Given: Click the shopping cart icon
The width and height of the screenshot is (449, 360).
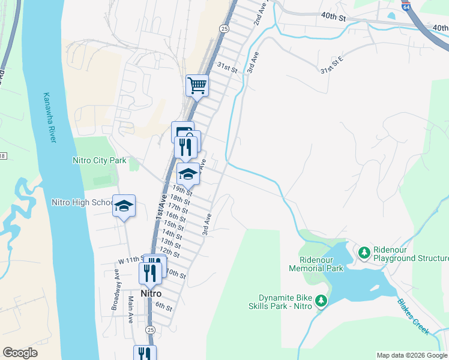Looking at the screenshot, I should (197, 86).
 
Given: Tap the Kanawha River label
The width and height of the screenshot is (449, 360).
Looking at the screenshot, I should (49, 117).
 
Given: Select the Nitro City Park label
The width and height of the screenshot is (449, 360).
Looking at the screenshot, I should (99, 160).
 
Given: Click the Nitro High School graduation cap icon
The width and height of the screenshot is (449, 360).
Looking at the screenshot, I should (124, 206).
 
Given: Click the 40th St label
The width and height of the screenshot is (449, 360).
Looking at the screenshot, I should (334, 18).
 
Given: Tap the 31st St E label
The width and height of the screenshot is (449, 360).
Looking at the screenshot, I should (331, 65).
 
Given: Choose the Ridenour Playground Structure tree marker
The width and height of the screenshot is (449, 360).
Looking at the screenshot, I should (364, 253).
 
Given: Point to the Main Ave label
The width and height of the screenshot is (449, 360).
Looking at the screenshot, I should (130, 310).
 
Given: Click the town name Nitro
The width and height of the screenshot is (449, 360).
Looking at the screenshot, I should (152, 294).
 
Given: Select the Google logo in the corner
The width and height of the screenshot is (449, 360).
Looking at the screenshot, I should (20, 353).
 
